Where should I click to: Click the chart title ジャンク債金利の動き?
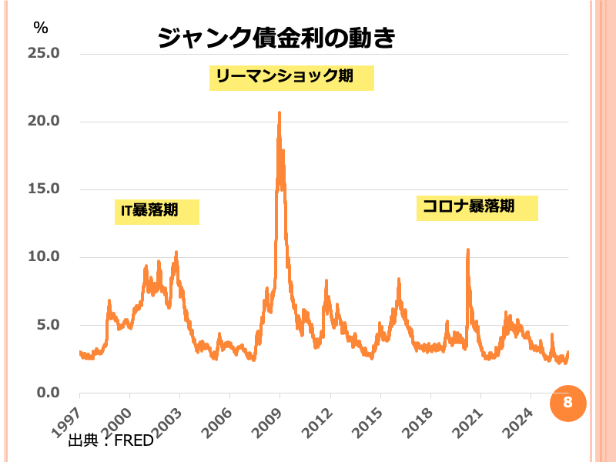click(x=276, y=38)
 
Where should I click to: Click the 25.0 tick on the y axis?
click(x=43, y=53)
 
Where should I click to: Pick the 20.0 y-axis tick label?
click(x=43, y=121)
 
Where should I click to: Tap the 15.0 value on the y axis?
click(x=43, y=189)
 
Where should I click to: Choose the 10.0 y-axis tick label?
click(x=43, y=256)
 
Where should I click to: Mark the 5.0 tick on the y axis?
click(x=46, y=324)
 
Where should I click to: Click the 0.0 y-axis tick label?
click(x=46, y=392)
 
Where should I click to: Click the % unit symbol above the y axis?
click(x=40, y=27)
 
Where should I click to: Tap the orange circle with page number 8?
click(x=567, y=403)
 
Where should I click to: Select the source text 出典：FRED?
click(x=111, y=440)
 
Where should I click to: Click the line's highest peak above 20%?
click(x=279, y=112)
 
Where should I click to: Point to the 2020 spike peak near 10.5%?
click(x=467, y=249)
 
